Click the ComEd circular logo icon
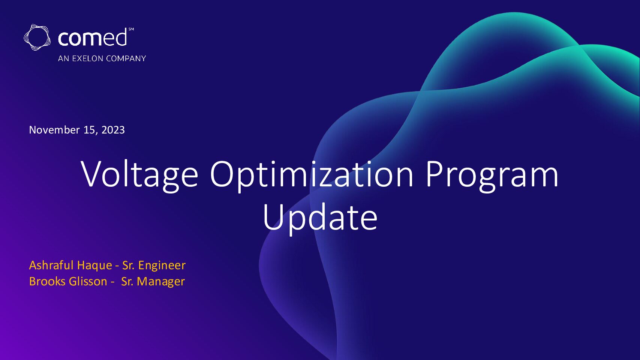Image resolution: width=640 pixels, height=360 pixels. pos(37,37)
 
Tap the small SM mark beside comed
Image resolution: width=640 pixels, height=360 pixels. pos(131,29)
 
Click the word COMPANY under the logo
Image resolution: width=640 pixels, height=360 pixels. pos(126,58)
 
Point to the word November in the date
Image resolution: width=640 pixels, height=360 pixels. pos(54,130)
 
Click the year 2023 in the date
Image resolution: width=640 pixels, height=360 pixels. pos(113,130)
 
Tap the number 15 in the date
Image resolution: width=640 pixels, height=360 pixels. pos(91,130)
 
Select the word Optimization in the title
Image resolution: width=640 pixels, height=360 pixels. pos(312,174)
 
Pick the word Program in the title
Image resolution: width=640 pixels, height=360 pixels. pos(492,175)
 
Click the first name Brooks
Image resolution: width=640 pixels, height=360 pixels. pos(47,281)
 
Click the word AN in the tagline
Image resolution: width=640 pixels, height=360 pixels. pos(64,58)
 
